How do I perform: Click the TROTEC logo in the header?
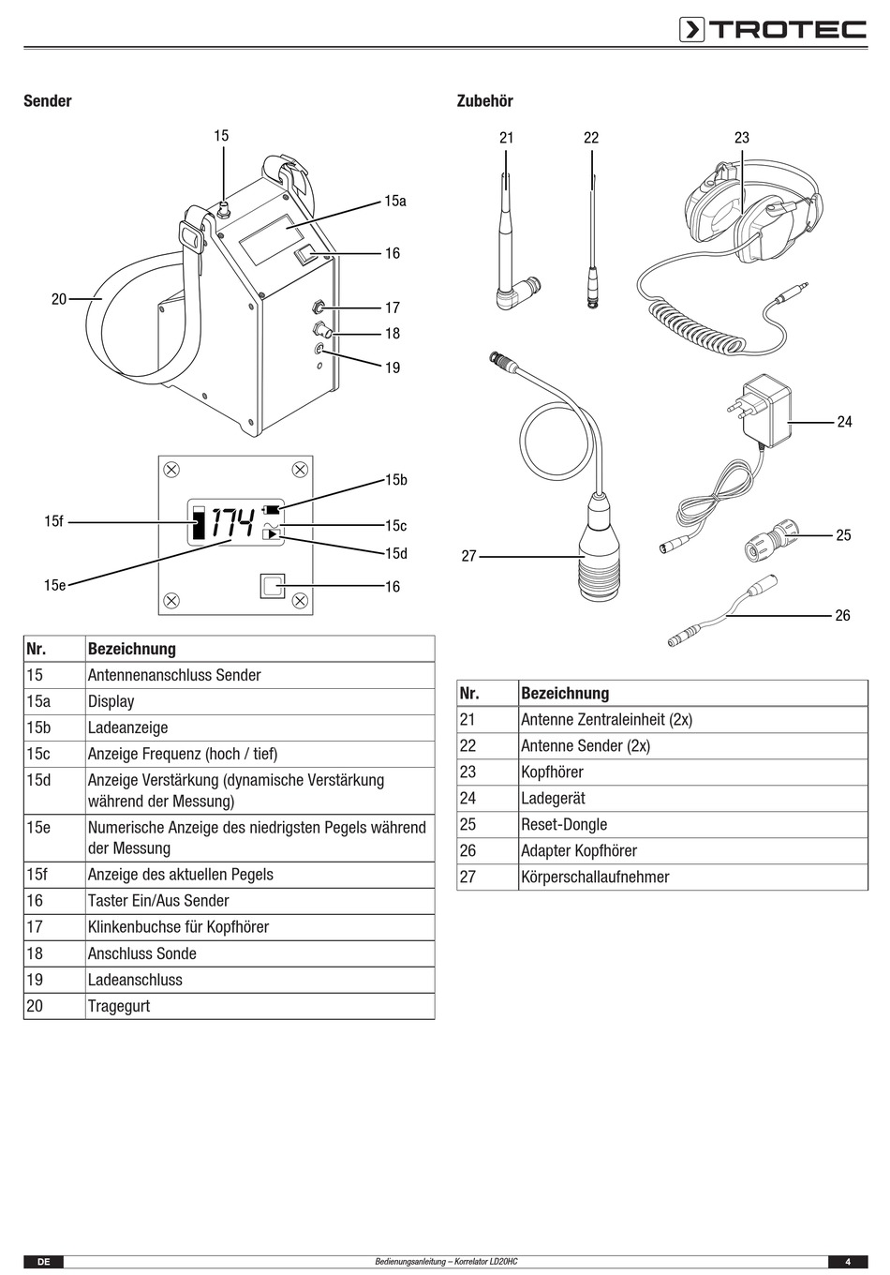click(x=773, y=30)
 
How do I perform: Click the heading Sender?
click(x=48, y=101)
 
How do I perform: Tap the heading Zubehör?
click(x=484, y=101)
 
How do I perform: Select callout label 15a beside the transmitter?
click(x=395, y=201)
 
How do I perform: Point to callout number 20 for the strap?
click(x=59, y=299)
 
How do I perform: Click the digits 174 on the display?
click(x=233, y=522)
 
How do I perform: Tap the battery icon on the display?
click(x=271, y=509)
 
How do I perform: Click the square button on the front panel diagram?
click(x=273, y=586)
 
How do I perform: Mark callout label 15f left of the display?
click(x=54, y=521)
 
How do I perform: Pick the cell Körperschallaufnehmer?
click(x=595, y=877)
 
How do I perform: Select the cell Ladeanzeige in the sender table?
click(x=128, y=727)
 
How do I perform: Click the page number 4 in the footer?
click(x=848, y=1261)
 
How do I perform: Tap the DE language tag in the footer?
click(x=43, y=1261)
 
